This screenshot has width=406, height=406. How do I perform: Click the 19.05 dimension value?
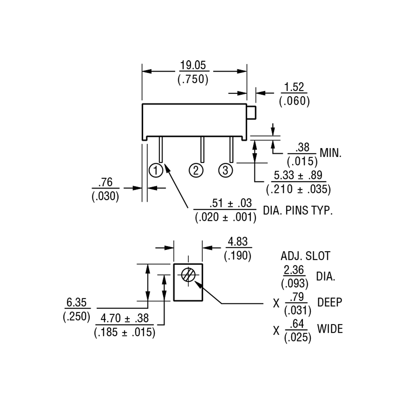click(193, 65)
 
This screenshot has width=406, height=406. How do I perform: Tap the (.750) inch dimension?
click(193, 79)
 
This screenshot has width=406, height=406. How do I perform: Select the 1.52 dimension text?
click(294, 87)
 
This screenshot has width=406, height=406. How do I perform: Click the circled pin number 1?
click(156, 170)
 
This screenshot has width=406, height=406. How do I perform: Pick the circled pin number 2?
click(196, 170)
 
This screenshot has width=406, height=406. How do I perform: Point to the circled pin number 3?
click(226, 170)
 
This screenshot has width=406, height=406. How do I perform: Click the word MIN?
click(331, 153)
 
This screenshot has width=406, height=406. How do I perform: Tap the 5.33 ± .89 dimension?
click(298, 175)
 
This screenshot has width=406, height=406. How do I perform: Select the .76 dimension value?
click(105, 182)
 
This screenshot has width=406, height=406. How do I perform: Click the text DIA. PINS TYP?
click(298, 210)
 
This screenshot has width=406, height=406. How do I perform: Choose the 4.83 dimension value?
click(238, 242)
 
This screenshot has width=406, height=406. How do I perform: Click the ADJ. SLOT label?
click(305, 256)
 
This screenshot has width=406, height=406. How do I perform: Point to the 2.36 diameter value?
click(294, 270)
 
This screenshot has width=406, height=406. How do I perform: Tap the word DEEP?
click(330, 302)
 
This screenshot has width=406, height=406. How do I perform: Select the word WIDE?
click(330, 329)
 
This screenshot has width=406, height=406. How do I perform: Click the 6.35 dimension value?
click(77, 302)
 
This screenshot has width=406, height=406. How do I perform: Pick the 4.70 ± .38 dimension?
click(125, 318)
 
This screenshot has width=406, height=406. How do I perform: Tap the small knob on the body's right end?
click(251, 112)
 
